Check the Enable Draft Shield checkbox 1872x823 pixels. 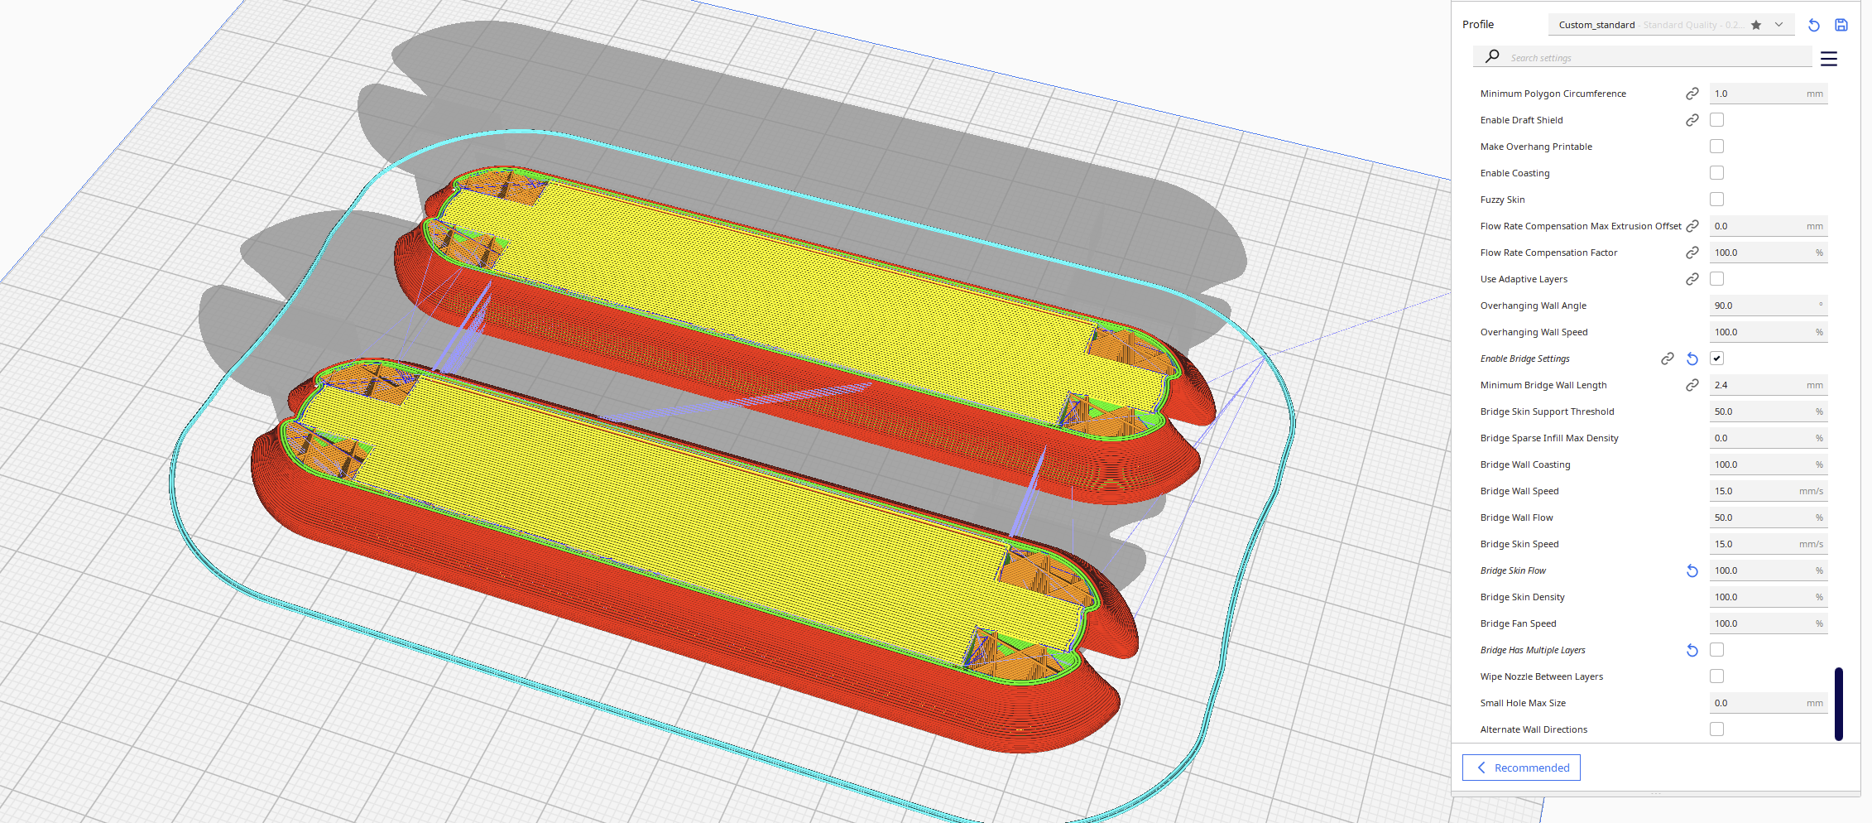click(1716, 120)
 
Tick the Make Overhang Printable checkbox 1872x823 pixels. click(1716, 147)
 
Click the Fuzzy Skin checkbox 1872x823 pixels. click(1716, 200)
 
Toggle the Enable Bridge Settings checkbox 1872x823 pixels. click(1716, 359)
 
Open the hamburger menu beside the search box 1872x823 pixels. click(1829, 59)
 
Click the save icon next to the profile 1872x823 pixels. click(1841, 25)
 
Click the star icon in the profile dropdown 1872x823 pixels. click(1756, 25)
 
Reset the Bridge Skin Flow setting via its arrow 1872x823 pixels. click(1692, 570)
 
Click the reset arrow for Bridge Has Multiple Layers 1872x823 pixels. click(1692, 650)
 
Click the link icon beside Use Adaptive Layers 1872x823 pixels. click(1692, 279)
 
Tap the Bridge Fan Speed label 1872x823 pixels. click(1518, 623)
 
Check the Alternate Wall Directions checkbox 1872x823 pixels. click(1716, 729)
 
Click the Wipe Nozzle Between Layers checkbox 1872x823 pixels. click(1716, 676)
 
